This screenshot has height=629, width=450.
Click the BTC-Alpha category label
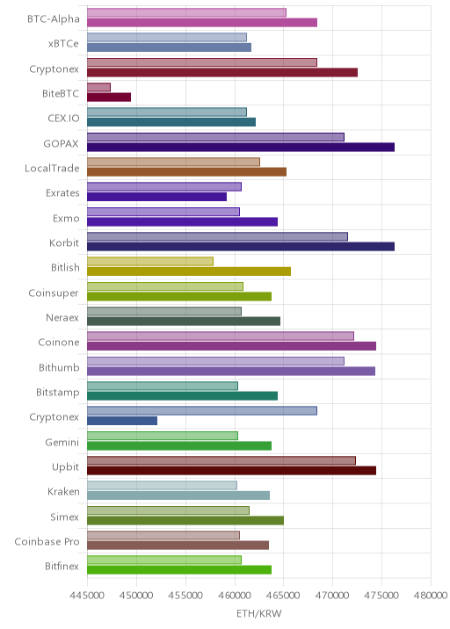click(x=54, y=18)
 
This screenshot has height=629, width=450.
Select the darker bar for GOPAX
click(x=241, y=148)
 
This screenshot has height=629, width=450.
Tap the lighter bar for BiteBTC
click(x=98, y=88)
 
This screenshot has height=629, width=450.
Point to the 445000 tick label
click(x=87, y=595)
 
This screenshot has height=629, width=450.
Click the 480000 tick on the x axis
click(x=431, y=595)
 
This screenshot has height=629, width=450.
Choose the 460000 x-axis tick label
click(x=235, y=595)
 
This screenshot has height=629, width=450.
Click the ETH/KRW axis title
click(x=259, y=614)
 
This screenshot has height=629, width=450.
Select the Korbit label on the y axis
click(x=64, y=242)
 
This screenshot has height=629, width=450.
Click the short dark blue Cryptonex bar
click(x=122, y=421)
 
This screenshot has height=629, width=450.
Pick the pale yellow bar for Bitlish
click(x=150, y=262)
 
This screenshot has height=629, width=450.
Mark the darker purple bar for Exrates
click(x=157, y=197)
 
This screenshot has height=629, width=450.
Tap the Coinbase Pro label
click(x=47, y=541)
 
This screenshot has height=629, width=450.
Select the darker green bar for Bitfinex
click(x=179, y=570)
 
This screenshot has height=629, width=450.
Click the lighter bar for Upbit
click(x=221, y=460)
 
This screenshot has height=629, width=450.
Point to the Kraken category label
click(x=63, y=491)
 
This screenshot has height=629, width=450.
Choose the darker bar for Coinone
click(x=232, y=346)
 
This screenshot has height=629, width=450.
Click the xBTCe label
click(x=63, y=43)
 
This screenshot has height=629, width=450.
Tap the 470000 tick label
click(x=332, y=595)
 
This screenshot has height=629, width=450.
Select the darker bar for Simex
click(x=185, y=521)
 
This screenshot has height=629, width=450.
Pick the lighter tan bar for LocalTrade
click(x=173, y=162)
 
